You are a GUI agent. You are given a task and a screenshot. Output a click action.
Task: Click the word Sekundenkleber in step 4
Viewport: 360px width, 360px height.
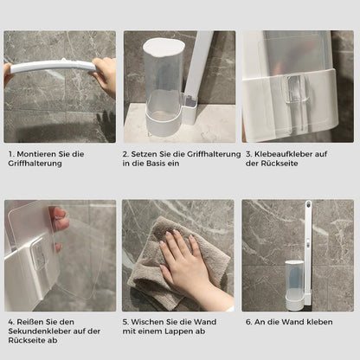[40, 331]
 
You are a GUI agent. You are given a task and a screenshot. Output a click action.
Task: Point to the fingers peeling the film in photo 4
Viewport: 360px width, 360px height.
[59, 221]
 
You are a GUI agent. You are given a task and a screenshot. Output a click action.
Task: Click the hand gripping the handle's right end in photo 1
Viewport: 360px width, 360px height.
[106, 74]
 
